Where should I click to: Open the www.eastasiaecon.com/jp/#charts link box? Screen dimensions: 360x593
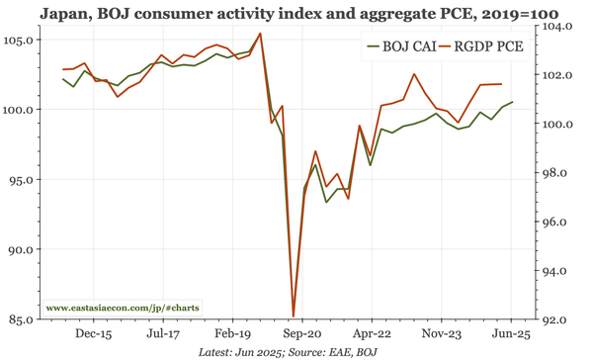click(123, 309)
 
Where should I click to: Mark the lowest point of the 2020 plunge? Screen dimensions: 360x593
click(294, 315)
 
